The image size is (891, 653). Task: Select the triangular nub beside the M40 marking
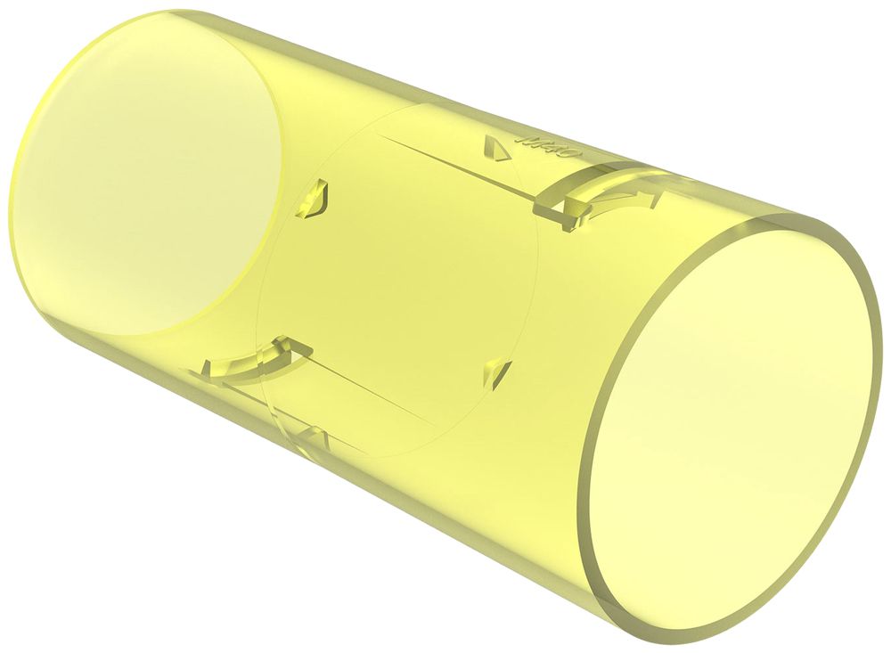[x=494, y=148]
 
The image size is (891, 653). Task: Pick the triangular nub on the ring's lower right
[x=498, y=372]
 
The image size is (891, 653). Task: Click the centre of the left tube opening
[x=147, y=169]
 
